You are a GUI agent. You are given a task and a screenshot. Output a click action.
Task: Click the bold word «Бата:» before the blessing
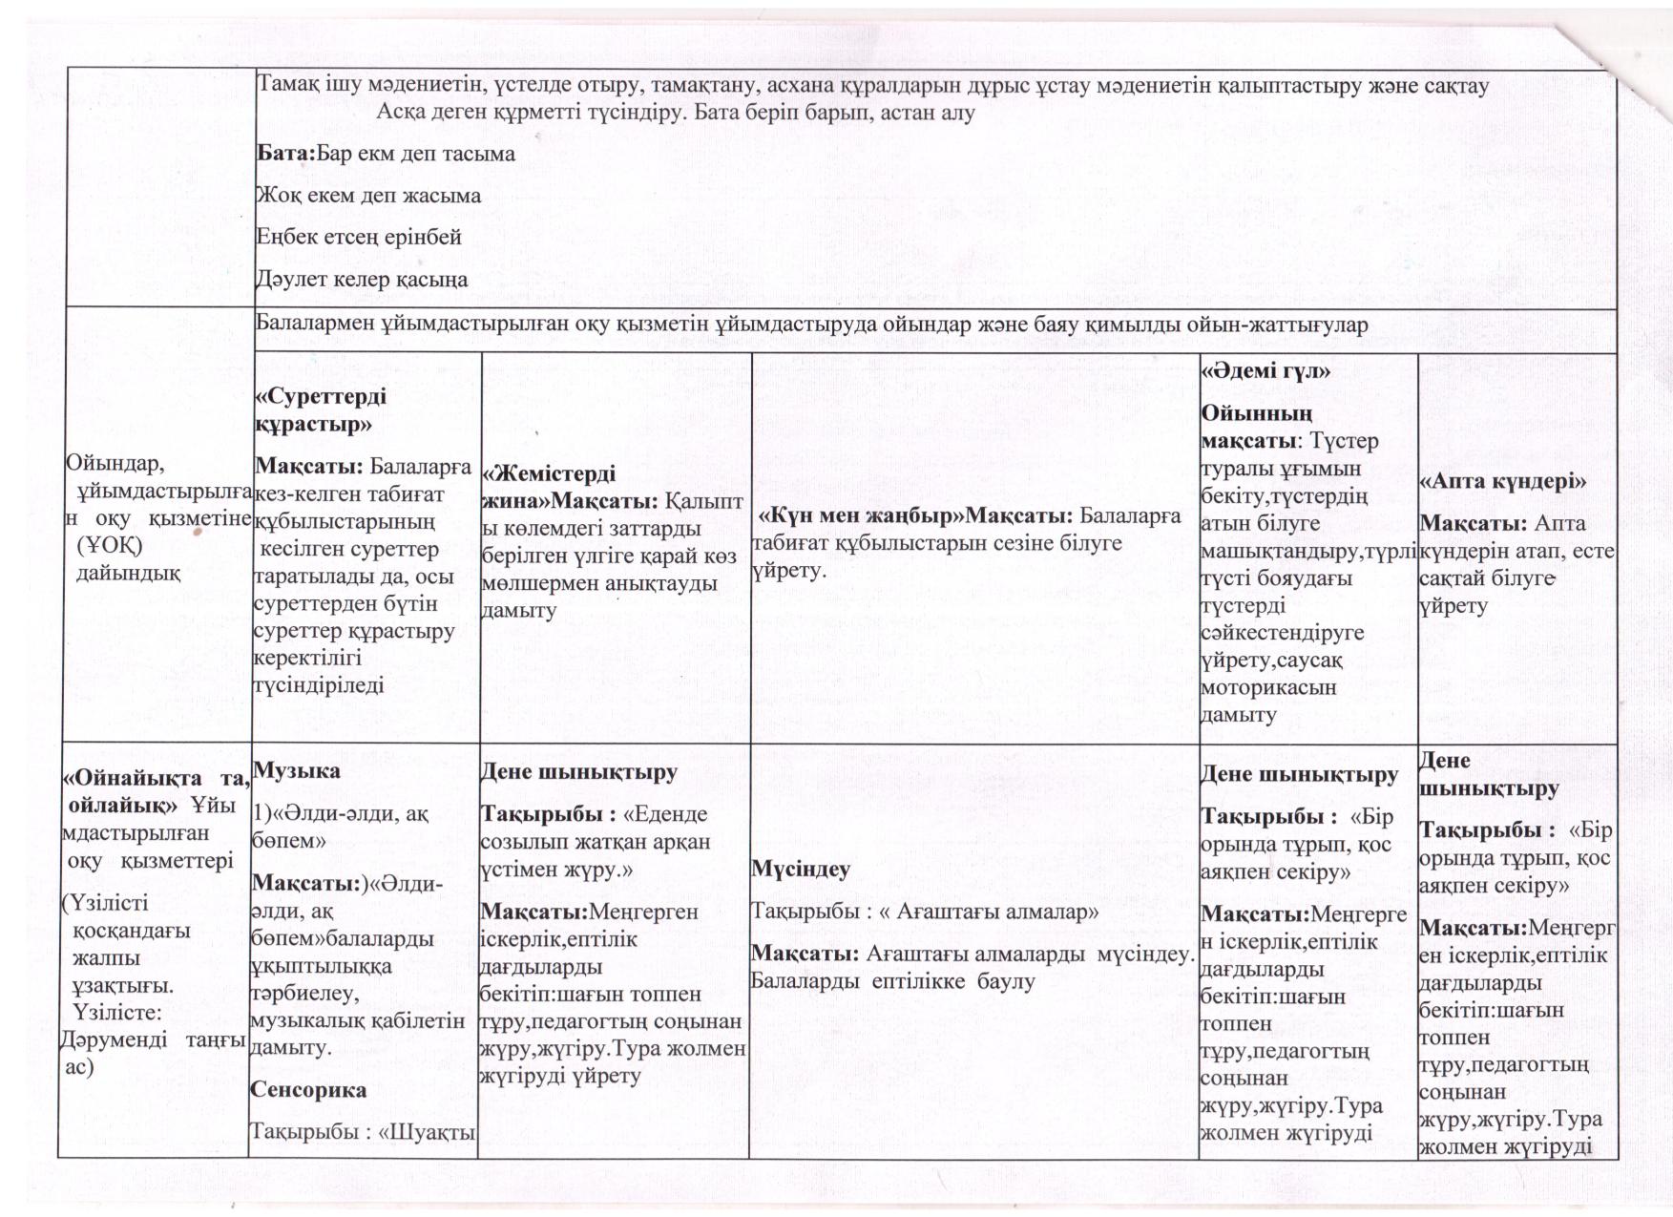pyautogui.click(x=285, y=154)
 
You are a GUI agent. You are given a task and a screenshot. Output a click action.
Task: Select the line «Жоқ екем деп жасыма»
pyautogui.click(x=368, y=196)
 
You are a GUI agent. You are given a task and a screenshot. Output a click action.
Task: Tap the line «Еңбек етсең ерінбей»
pyautogui.click(x=359, y=237)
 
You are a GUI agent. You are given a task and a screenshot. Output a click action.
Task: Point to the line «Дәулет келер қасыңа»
pyautogui.click(x=363, y=279)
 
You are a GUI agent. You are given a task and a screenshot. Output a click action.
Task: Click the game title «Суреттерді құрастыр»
pyautogui.click(x=321, y=409)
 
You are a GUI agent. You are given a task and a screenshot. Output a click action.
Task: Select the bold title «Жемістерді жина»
pyautogui.click(x=549, y=487)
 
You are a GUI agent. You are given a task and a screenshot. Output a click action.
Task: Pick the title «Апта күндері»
pyautogui.click(x=1503, y=481)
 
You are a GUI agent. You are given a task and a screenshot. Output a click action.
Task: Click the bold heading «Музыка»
pyautogui.click(x=295, y=771)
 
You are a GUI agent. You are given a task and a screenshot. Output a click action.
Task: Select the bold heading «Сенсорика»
pyautogui.click(x=308, y=1090)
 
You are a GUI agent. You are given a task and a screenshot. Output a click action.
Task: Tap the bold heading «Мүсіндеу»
pyautogui.click(x=801, y=870)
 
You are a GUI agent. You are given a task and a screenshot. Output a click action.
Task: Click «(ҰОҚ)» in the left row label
pyautogui.click(x=109, y=545)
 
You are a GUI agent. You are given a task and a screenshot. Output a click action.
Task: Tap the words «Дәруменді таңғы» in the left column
pyautogui.click(x=153, y=1039)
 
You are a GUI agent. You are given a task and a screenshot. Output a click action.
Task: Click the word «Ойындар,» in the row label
pyautogui.click(x=115, y=464)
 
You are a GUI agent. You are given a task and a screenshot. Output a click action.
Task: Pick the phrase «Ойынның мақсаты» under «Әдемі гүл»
pyautogui.click(x=1255, y=428)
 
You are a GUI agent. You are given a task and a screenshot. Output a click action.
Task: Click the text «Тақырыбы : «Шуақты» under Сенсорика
pyautogui.click(x=363, y=1132)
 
